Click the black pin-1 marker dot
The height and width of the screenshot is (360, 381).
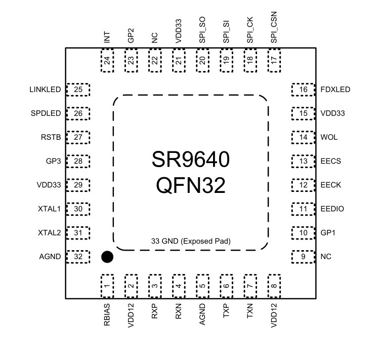click(x=107, y=257)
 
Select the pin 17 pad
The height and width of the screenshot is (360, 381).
click(x=274, y=61)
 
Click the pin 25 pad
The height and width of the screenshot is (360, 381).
click(x=78, y=90)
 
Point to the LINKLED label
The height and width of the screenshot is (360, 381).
click(x=46, y=90)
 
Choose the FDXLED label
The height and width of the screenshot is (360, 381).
click(x=335, y=90)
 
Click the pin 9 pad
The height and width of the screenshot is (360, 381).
click(x=303, y=257)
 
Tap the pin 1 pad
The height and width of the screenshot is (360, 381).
click(x=107, y=286)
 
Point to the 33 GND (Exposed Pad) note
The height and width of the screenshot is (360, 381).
click(x=191, y=241)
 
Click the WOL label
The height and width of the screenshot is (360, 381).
click(x=329, y=137)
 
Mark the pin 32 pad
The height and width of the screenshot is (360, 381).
click(x=78, y=257)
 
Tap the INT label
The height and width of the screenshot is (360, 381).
click(x=107, y=37)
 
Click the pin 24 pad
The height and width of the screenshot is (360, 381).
click(x=107, y=61)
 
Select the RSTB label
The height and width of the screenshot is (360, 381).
click(x=52, y=137)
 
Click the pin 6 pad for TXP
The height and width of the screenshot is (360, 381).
click(x=226, y=286)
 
